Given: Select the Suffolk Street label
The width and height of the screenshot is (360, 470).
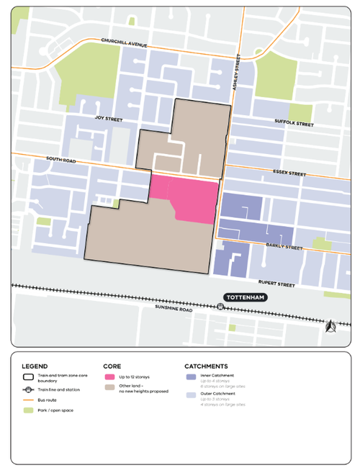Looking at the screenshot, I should [x=294, y=123].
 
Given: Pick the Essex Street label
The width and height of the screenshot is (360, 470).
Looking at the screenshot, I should [x=289, y=173].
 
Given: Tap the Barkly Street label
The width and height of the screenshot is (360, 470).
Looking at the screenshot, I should [x=284, y=247].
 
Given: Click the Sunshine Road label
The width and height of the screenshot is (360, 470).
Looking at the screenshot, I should [x=176, y=307].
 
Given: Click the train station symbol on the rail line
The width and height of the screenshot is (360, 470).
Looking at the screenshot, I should [x=220, y=306].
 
